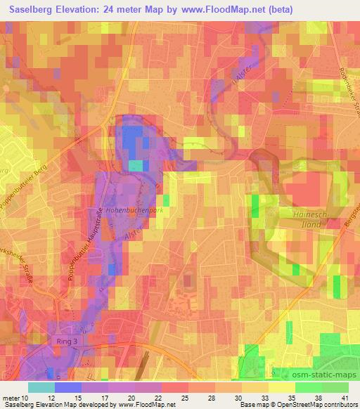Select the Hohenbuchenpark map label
click(x=134, y=209)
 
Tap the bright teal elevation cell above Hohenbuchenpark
click(x=135, y=165)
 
